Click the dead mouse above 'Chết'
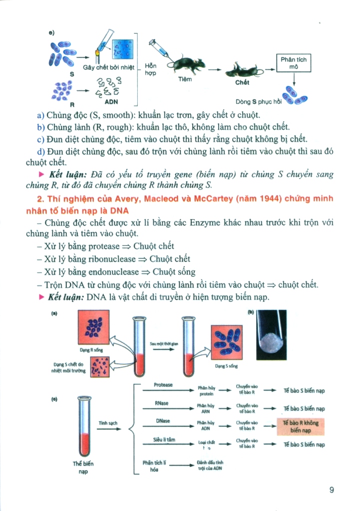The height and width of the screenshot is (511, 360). coord(242,70)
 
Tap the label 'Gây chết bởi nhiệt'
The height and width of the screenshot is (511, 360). coord(106,67)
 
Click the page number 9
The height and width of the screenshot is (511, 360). coord(332,490)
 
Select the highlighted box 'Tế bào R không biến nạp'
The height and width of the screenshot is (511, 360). coord(300,426)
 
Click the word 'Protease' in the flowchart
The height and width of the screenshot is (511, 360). coord(163,385)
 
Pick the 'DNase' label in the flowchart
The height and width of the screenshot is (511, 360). coord(163,421)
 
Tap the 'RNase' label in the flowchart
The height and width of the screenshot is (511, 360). coord(163,403)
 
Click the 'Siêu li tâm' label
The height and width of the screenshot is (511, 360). coord(163,440)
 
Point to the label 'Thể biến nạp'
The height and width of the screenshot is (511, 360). coord(83,467)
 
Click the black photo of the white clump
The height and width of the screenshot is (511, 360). coord(271,334)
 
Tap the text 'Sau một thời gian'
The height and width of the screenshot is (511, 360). coord(163,344)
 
